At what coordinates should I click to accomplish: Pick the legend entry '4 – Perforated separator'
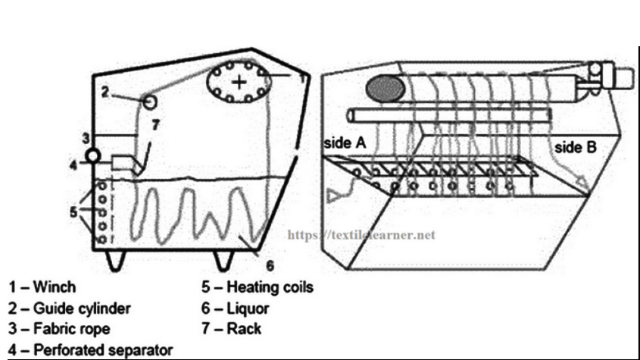90,349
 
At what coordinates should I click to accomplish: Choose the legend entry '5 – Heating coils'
257,288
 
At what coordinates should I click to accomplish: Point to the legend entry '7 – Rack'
231,329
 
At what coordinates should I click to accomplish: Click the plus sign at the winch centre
239,81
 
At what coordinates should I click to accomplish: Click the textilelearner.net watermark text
363,235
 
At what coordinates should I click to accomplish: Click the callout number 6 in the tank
270,265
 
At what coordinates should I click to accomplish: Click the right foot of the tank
223,261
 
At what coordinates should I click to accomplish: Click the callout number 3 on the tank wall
86,138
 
